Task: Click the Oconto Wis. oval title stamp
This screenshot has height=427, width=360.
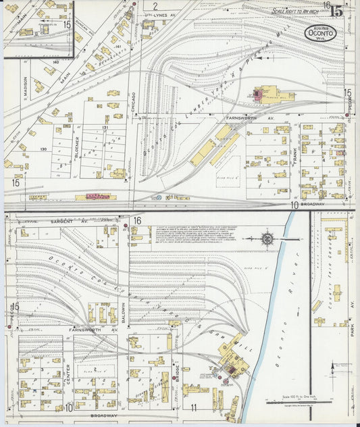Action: click(x=319, y=32)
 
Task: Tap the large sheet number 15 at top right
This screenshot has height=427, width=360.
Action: click(x=336, y=10)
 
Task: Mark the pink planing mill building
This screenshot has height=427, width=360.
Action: click(x=258, y=95)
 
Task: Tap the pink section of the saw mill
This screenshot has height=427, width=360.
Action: click(x=230, y=369)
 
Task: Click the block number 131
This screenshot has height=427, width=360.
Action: click(x=105, y=127)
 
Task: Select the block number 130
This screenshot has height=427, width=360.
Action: click(x=43, y=149)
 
